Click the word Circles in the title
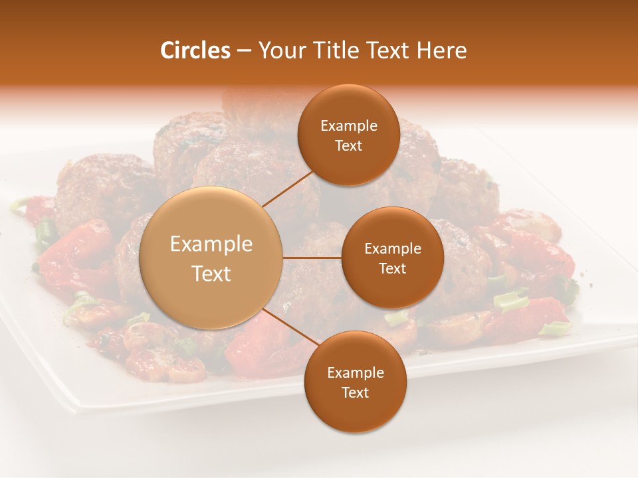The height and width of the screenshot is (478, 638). [x=195, y=50]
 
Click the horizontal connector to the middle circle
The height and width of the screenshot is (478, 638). [x=312, y=258]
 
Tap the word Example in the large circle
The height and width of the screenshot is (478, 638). [x=211, y=244]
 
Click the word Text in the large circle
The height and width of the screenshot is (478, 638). [x=211, y=274]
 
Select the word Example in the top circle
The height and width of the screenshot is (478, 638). [x=349, y=126]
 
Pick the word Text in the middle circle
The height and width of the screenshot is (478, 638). [x=393, y=268]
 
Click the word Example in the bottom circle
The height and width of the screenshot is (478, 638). [x=356, y=373]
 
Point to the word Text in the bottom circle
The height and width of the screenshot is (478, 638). [x=356, y=392]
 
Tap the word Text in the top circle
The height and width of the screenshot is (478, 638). [x=349, y=146]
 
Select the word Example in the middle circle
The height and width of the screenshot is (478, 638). [x=393, y=249]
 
